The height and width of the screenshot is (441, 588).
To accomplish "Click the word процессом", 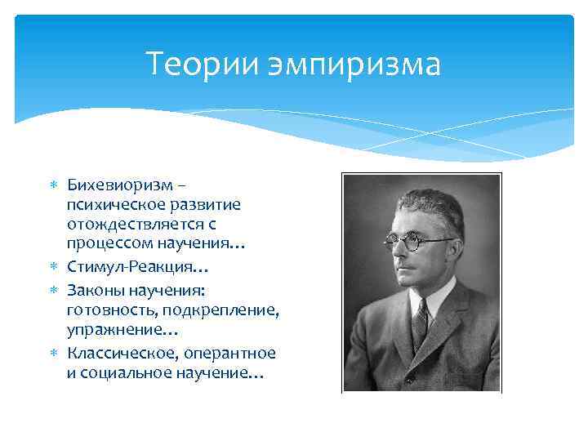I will [106, 243].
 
